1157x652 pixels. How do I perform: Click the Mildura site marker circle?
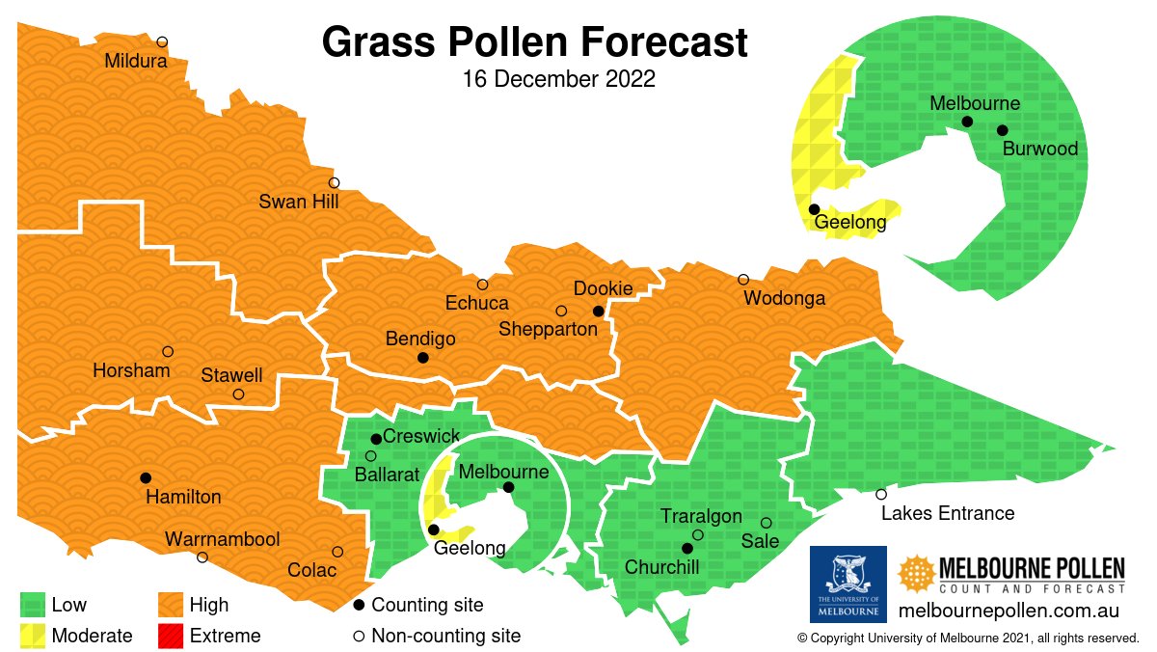click(x=162, y=41)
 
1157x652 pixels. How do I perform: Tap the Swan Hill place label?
click(x=298, y=202)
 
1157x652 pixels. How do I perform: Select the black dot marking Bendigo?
click(x=422, y=358)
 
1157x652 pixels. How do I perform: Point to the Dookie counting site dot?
click(x=598, y=311)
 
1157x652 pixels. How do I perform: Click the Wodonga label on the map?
click(x=784, y=298)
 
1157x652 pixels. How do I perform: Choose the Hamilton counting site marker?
click(x=146, y=477)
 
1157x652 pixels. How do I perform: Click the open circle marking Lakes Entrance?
click(x=881, y=494)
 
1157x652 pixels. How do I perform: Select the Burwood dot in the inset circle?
click(x=1002, y=130)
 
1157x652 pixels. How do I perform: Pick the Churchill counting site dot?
click(x=687, y=548)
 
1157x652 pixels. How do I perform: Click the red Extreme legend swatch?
click(x=171, y=635)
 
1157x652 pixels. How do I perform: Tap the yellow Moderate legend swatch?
click(x=33, y=635)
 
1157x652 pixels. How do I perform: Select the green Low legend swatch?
click(x=33, y=605)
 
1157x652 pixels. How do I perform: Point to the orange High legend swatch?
click(x=171, y=605)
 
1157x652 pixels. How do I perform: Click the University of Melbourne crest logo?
click(x=848, y=584)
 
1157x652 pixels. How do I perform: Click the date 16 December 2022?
click(x=558, y=79)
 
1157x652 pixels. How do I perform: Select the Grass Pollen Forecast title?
click(x=534, y=42)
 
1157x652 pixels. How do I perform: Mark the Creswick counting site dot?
click(x=376, y=439)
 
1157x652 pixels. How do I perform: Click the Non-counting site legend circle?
click(x=359, y=636)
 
